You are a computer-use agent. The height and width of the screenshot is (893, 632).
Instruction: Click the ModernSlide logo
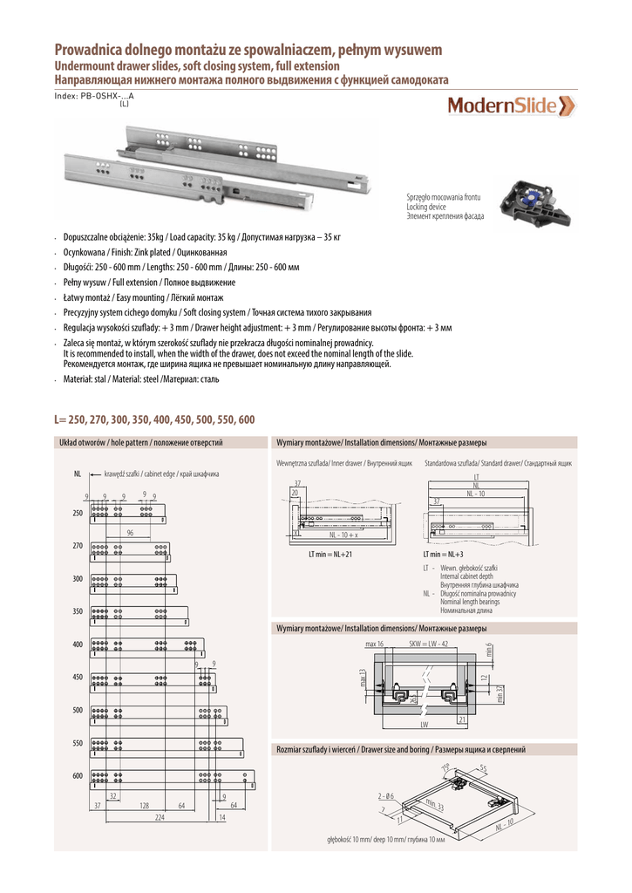point(511,106)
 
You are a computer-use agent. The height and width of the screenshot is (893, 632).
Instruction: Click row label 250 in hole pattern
point(78,513)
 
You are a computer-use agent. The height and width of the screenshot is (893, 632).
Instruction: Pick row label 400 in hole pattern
point(78,644)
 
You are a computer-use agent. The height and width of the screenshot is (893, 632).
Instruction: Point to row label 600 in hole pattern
point(78,775)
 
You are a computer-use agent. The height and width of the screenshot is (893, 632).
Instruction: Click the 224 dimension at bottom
point(160,817)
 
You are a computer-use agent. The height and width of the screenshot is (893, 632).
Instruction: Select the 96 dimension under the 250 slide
point(130,532)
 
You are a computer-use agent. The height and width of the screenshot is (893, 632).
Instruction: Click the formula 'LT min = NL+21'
point(330,554)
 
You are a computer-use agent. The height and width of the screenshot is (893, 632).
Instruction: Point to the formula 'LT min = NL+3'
point(443,554)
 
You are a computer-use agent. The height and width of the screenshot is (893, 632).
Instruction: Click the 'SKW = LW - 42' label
point(428,644)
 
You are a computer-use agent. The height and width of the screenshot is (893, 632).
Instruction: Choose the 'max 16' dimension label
point(375,644)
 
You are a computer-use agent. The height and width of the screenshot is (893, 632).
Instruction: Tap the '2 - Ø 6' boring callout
point(386,796)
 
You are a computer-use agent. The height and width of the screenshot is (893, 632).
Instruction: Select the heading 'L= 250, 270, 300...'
point(154,419)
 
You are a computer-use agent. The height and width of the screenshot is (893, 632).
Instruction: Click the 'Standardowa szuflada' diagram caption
point(498,462)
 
